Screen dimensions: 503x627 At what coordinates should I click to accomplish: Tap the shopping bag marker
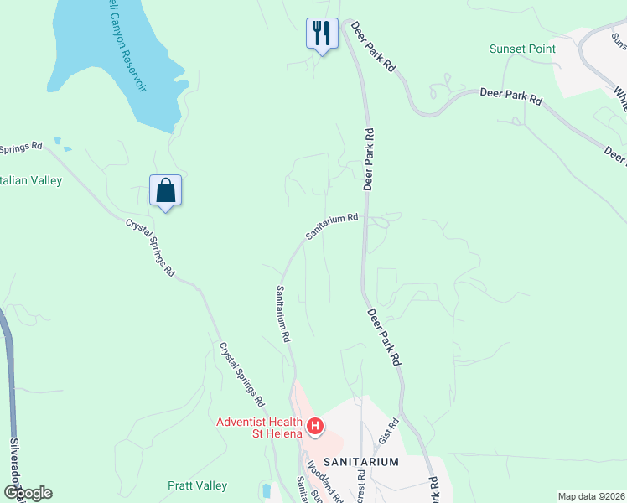click(166, 190)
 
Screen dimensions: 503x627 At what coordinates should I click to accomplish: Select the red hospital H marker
click(315, 427)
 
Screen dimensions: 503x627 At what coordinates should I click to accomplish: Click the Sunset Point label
click(522, 49)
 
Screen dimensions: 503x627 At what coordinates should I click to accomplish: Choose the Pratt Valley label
click(198, 485)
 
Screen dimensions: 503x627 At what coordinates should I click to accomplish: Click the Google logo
click(27, 493)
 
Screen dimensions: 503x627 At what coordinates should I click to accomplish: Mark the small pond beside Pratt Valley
click(267, 490)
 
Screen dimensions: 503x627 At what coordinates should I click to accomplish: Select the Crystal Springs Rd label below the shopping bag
click(151, 248)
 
